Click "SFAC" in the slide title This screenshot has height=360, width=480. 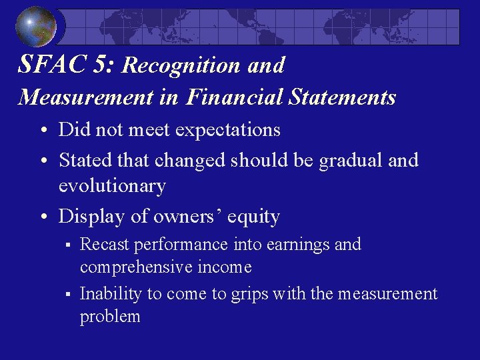(48, 65)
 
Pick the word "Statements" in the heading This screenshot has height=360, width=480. (343, 97)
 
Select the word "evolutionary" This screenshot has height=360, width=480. (112, 186)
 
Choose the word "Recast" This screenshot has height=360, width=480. (105, 245)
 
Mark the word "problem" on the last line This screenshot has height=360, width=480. (110, 316)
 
